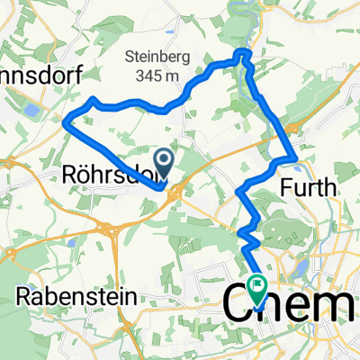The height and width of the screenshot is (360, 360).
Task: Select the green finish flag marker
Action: (x=259, y=290)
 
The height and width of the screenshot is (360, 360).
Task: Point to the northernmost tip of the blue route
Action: (x=243, y=54)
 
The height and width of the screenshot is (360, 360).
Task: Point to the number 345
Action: (x=149, y=76)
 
